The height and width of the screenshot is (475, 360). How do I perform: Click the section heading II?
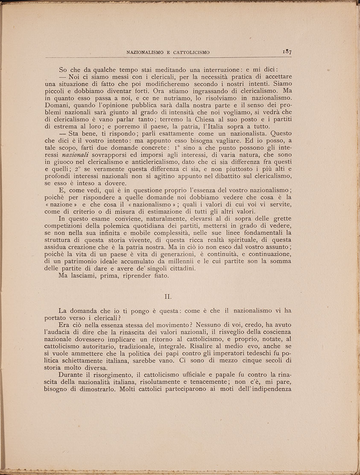pos(168,296)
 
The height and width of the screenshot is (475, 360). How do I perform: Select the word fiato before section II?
pos(158,276)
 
